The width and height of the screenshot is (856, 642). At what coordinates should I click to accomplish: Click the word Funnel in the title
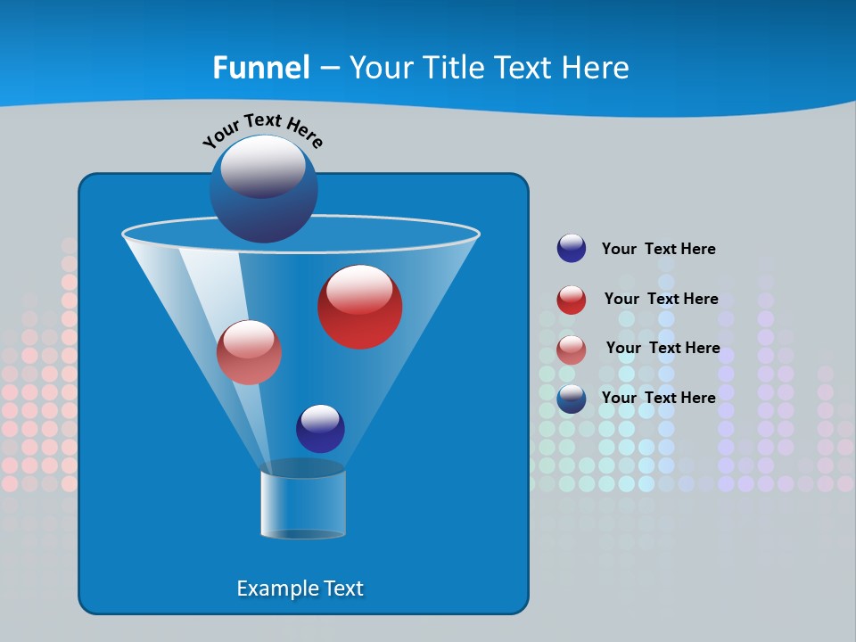[261, 68]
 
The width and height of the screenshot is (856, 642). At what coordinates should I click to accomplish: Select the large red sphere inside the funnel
[359, 307]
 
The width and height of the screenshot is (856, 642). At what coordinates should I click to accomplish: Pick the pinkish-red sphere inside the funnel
[249, 352]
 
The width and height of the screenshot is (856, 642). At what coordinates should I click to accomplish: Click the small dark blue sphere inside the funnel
[320, 428]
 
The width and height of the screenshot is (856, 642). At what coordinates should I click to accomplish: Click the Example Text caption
[300, 588]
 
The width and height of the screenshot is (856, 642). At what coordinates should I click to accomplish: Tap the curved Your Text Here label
[263, 130]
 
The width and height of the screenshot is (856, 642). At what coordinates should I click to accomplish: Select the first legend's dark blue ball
[572, 248]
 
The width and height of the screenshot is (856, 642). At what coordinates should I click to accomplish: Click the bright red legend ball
[572, 300]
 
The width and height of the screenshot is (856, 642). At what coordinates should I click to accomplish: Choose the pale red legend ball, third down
[572, 350]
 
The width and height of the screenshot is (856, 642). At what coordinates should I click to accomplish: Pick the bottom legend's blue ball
[572, 399]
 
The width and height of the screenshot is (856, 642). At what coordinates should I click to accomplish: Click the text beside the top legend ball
[658, 249]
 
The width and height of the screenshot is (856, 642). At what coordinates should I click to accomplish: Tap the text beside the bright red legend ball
[661, 299]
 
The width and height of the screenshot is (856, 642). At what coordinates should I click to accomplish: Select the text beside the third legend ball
[663, 348]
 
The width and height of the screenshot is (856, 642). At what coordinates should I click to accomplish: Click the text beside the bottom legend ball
[658, 398]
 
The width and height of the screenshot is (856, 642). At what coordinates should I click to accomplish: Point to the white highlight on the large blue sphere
[262, 167]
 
